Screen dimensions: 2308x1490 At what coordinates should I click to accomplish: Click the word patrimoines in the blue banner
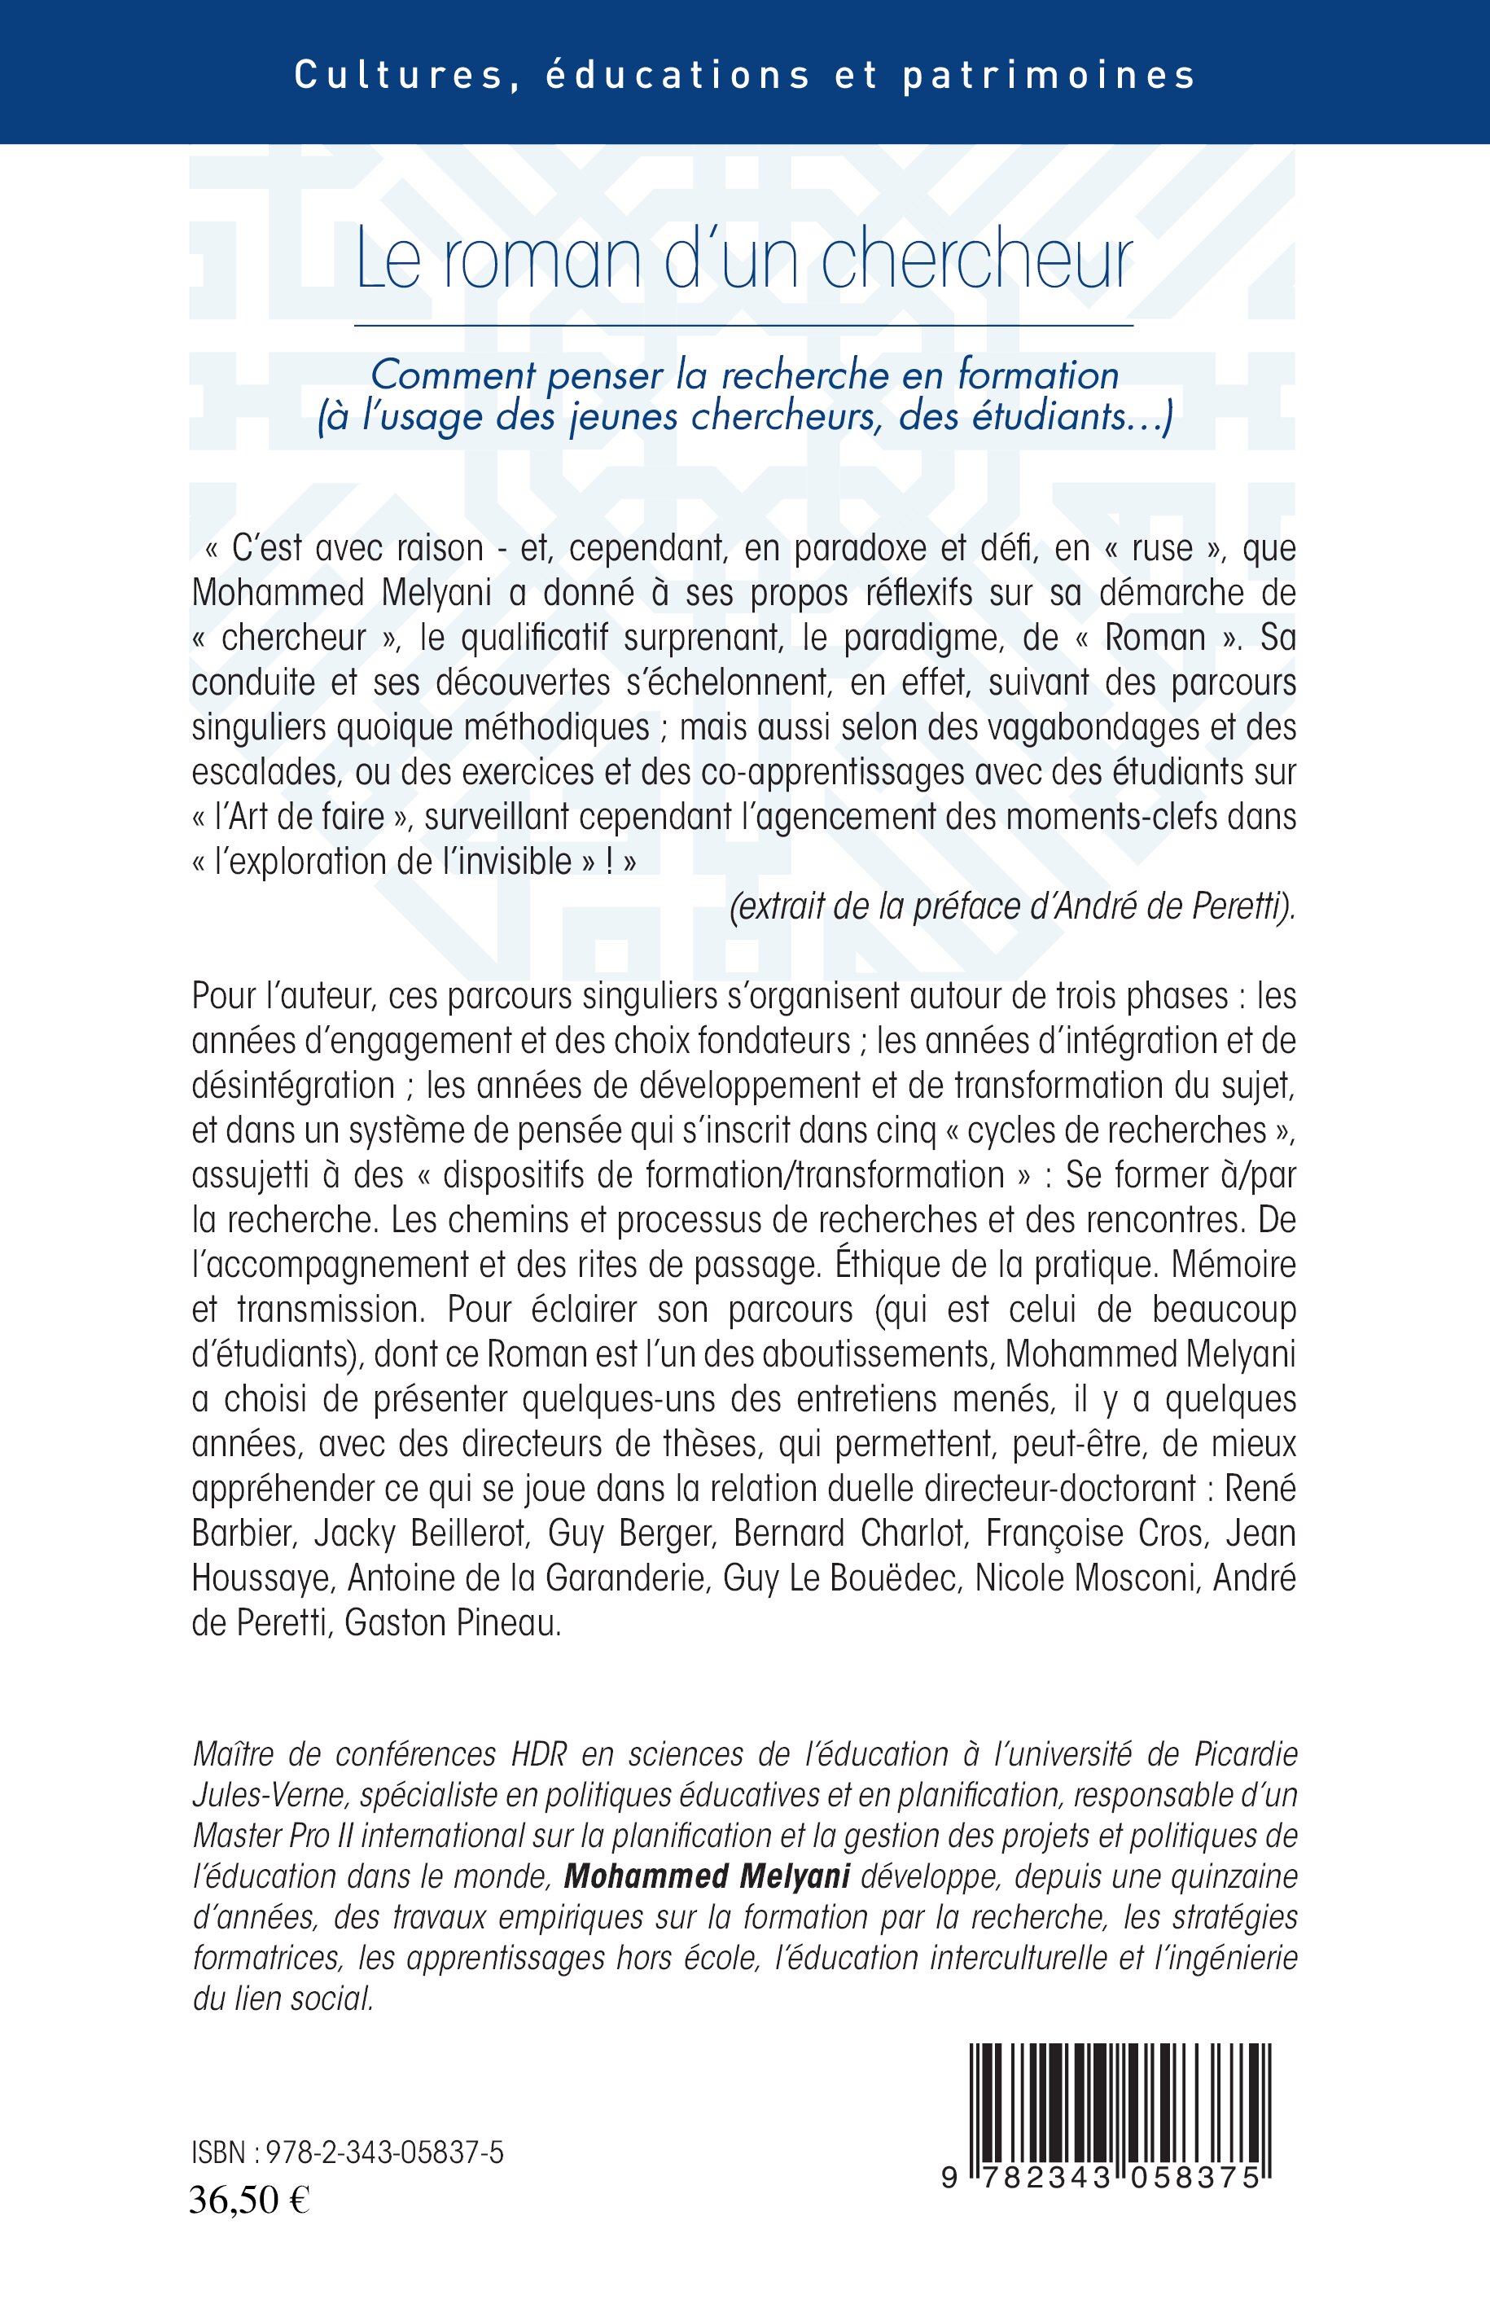coord(1050,77)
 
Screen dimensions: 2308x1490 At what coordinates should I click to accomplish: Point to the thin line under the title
coord(744,326)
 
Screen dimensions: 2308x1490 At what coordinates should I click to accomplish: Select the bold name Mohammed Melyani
coord(706,1876)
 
